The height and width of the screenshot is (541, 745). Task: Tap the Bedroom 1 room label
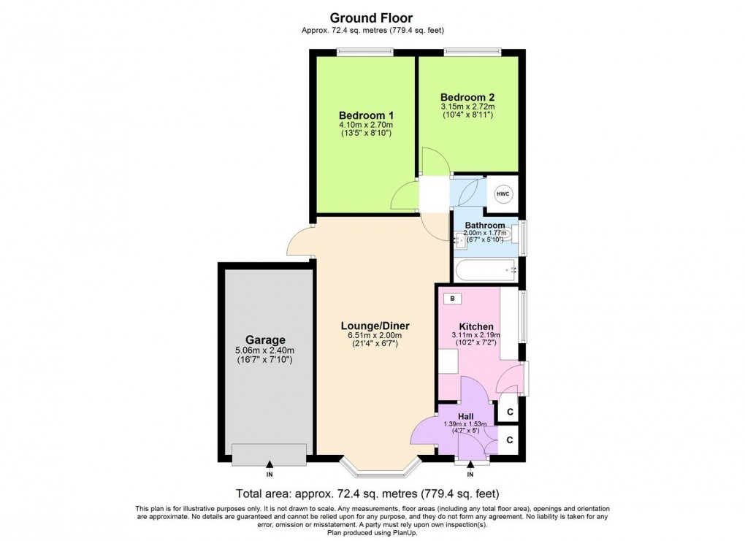coord(367,115)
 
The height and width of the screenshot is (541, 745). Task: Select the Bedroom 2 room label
coord(467,96)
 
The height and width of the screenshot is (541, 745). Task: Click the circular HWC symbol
coord(503,194)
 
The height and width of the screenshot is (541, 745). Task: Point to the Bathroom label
coord(485,226)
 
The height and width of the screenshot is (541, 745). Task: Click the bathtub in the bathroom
coord(486,271)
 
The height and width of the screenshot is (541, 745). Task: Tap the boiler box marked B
coord(452,299)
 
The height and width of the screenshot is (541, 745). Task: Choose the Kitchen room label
coord(475,326)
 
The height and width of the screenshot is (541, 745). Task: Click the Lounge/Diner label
coord(375,326)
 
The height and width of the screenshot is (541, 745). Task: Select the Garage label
coord(265,339)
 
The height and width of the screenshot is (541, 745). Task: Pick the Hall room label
coord(465,416)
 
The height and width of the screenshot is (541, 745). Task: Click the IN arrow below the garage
coord(270,464)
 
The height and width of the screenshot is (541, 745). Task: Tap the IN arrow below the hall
coord(470,464)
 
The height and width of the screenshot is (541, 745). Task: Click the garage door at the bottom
coord(270,454)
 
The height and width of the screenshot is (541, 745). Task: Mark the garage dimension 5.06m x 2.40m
coord(265,350)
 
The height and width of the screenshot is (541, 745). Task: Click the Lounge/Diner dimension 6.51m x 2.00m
coord(375,336)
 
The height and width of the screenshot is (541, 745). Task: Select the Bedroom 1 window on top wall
coord(365,52)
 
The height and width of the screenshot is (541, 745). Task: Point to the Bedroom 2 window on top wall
coord(473,52)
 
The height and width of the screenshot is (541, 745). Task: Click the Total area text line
coord(367,493)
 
